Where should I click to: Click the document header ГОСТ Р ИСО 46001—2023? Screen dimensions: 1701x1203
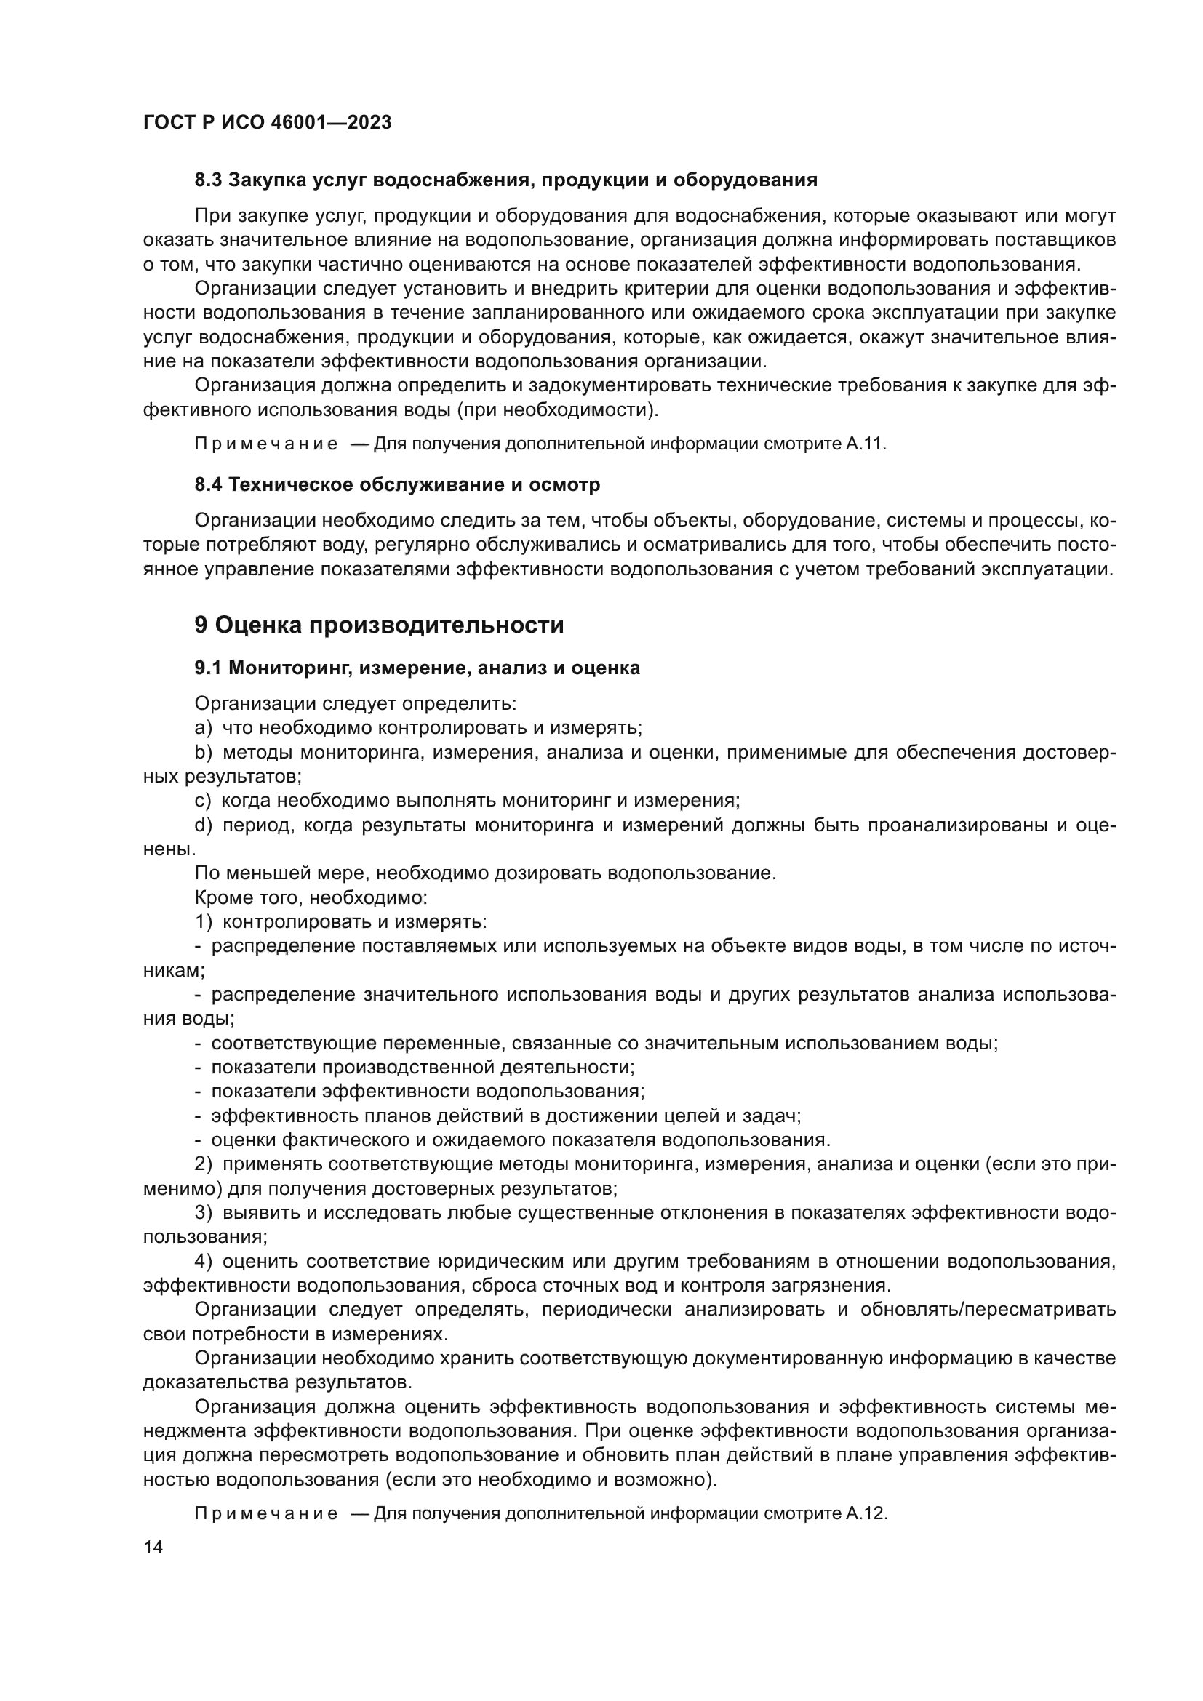(x=268, y=122)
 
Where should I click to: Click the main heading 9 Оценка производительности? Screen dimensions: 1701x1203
(x=378, y=625)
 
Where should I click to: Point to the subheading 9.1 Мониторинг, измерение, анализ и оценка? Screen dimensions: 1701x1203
(x=417, y=668)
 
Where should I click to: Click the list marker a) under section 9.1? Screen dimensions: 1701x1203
(x=203, y=728)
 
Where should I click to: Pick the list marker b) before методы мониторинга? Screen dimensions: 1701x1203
(x=203, y=753)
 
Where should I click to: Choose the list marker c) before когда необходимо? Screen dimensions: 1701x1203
(x=203, y=801)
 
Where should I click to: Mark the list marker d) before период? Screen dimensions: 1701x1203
(x=203, y=825)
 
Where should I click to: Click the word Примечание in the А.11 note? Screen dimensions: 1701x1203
(x=266, y=444)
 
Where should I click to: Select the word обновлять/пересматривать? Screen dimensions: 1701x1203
(x=988, y=1310)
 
